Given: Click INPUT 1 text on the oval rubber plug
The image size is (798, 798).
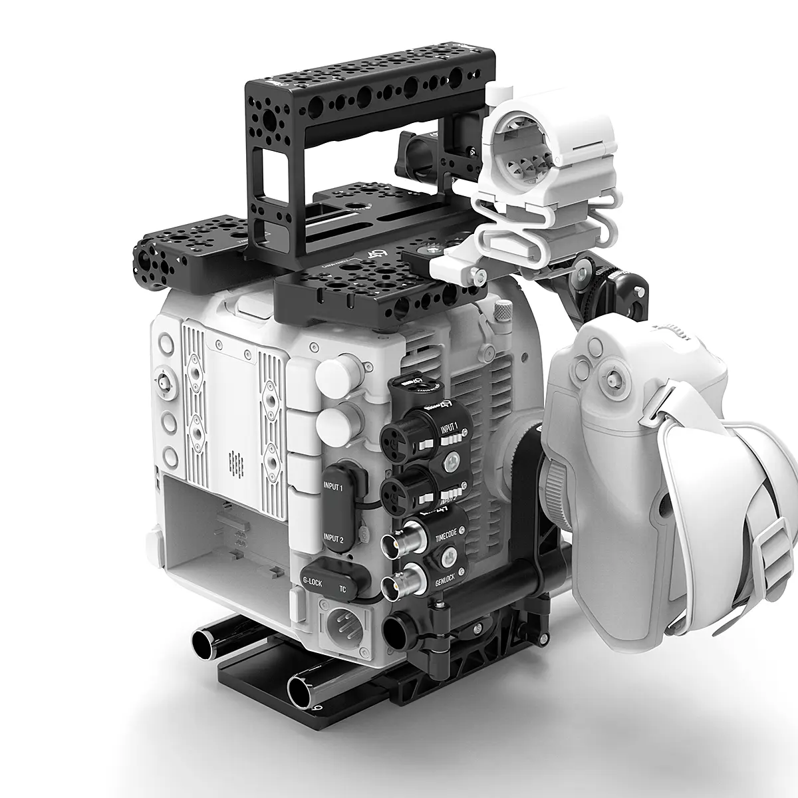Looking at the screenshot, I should (332, 489).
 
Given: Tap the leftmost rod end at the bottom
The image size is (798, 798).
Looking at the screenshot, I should (201, 642).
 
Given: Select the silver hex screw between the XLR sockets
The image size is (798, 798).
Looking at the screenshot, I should (452, 459).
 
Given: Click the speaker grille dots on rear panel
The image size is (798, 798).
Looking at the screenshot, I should (232, 458).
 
